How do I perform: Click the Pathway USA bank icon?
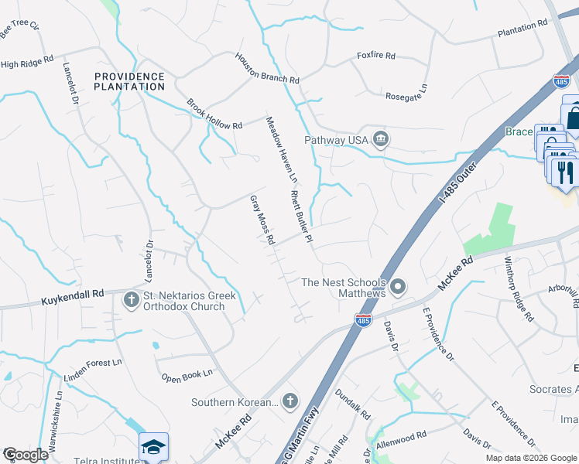[x=381, y=139]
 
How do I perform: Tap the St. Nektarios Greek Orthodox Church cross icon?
[x=130, y=299]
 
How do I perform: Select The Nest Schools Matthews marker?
[x=398, y=288]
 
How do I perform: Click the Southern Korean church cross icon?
[x=289, y=401]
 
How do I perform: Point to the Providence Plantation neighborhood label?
[x=130, y=81]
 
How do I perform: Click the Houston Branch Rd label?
[x=267, y=69]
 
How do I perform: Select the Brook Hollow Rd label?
[x=214, y=114]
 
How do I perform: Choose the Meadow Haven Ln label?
[x=281, y=149]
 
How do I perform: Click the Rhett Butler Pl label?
[x=300, y=217]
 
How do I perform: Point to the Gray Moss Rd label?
[x=262, y=220]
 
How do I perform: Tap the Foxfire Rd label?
[x=375, y=56]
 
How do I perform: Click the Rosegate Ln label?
[x=406, y=96]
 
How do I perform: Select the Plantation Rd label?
[x=522, y=29]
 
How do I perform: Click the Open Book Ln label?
[x=187, y=377]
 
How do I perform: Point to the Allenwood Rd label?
[x=401, y=437]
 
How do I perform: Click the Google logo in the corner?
[x=26, y=455]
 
